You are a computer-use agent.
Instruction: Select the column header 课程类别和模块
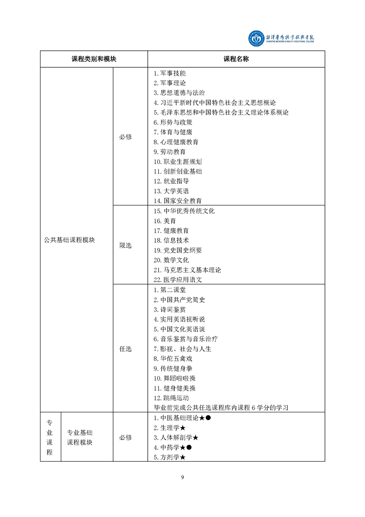click(x=94, y=59)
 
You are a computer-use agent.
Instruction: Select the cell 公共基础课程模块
click(x=70, y=240)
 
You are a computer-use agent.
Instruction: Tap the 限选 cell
click(x=126, y=246)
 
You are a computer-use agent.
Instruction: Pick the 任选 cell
click(x=126, y=349)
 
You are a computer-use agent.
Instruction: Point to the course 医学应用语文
click(x=178, y=280)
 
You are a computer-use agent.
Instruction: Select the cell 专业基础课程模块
click(x=80, y=438)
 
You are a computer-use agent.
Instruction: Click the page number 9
click(x=183, y=477)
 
